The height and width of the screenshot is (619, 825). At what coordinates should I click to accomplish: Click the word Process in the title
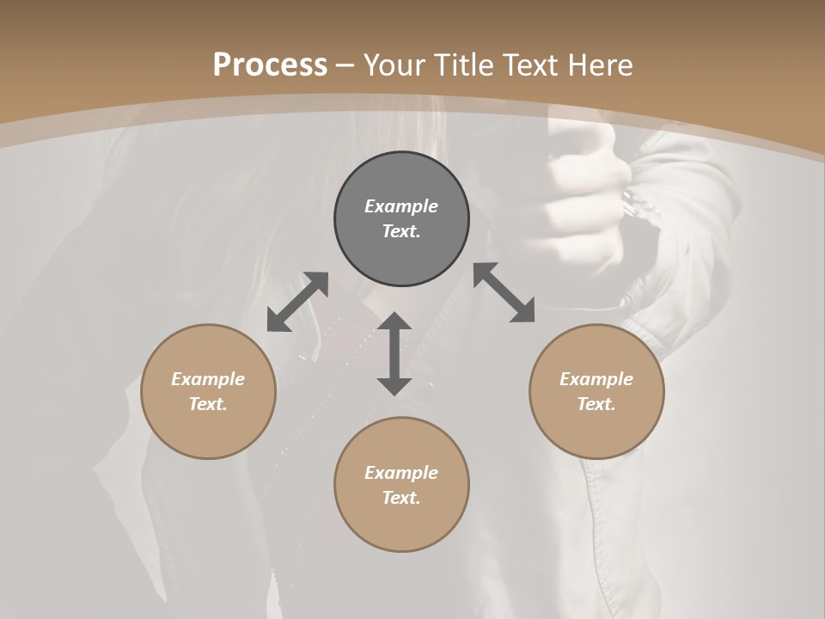point(270,64)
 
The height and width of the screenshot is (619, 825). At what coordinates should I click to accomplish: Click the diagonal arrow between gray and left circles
point(297,302)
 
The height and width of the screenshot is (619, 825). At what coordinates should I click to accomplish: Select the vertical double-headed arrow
point(394,353)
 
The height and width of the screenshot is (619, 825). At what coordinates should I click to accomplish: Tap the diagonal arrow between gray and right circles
point(504,292)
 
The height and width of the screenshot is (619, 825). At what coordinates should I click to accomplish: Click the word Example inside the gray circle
point(401,206)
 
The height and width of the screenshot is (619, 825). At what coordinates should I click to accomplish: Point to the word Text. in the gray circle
point(401,231)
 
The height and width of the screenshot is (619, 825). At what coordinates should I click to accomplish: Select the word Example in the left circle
point(208,379)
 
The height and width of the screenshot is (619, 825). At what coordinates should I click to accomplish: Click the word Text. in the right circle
point(596,404)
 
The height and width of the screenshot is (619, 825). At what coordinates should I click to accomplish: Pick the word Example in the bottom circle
point(401,473)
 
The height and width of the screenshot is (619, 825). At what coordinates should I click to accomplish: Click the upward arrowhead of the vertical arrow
point(394,322)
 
